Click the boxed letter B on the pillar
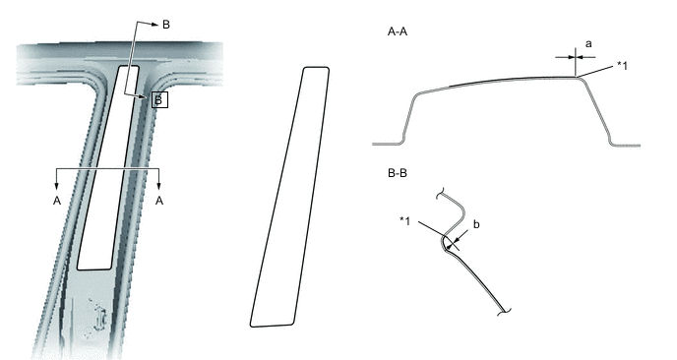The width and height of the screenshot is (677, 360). (159, 100)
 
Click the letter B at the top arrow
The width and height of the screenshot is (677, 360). (166, 25)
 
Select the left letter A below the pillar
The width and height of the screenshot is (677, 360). (56, 201)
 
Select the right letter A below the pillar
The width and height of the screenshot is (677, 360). (159, 201)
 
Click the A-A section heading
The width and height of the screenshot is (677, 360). (398, 31)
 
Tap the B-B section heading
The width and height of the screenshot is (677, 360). (398, 173)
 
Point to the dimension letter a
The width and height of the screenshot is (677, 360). (588, 44)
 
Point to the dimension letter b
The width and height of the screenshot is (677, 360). (476, 224)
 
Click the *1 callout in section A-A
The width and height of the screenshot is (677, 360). (622, 66)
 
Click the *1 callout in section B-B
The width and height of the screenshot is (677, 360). (404, 220)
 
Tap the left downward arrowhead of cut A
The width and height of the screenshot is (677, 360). (56, 186)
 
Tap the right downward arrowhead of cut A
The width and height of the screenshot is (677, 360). (158, 186)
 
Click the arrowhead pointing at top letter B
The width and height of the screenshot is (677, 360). (154, 25)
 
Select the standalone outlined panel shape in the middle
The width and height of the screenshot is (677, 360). (289, 197)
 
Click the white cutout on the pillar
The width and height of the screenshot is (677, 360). (108, 168)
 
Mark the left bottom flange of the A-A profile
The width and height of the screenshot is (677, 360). (388, 144)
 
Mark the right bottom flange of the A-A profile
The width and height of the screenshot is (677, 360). (626, 145)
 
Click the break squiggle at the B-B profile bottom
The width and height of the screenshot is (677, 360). (504, 312)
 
